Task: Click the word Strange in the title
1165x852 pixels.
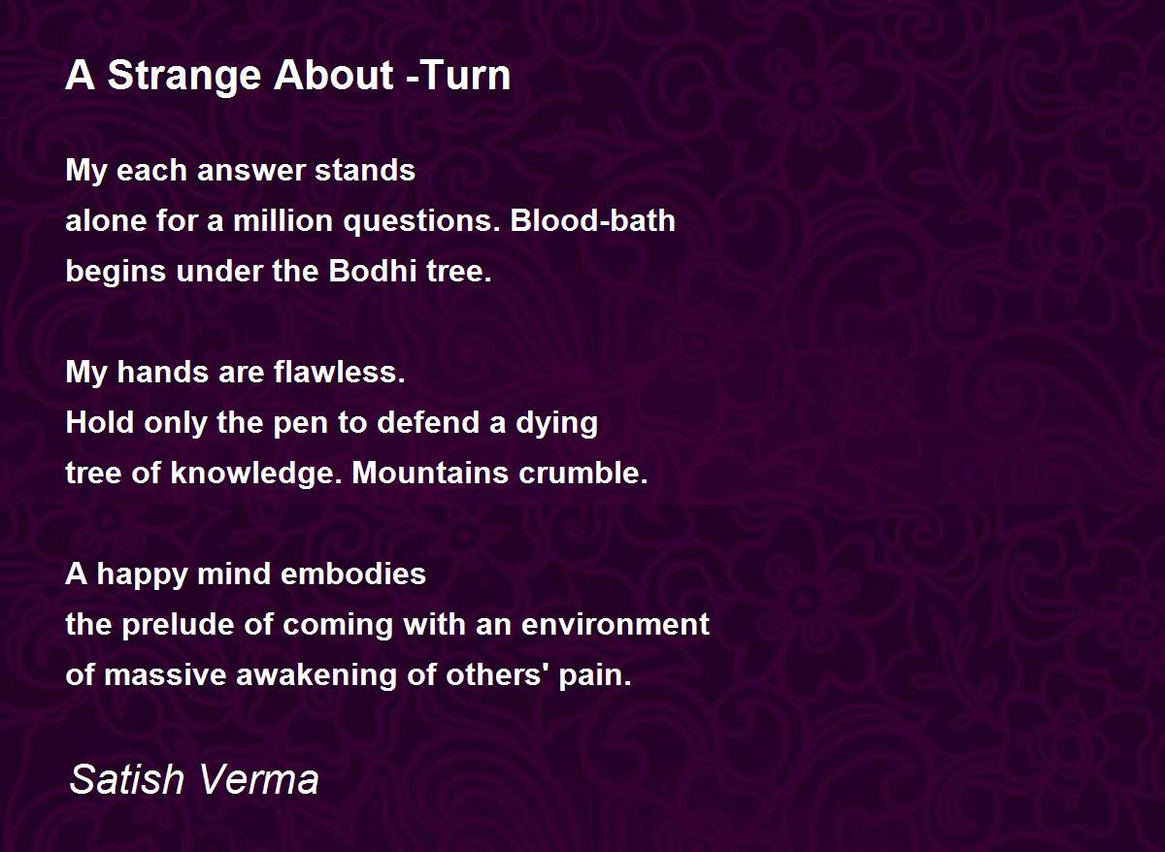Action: click(183, 77)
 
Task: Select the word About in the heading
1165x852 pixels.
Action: click(333, 76)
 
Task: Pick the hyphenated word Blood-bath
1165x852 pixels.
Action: click(592, 220)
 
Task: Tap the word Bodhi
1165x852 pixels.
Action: click(373, 271)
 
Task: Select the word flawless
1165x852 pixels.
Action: click(339, 373)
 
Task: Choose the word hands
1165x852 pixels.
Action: click(163, 373)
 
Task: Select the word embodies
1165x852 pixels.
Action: click(353, 574)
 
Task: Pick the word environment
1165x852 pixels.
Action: click(616, 624)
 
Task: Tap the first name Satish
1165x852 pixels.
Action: click(127, 779)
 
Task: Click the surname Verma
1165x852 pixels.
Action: click(258, 779)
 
